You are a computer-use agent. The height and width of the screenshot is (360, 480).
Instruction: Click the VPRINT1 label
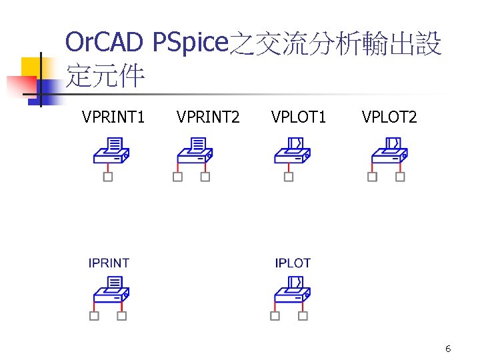coord(113,118)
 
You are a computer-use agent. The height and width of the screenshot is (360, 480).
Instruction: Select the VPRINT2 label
coord(209,118)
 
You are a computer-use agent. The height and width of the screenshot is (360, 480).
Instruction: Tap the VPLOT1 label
coord(299,118)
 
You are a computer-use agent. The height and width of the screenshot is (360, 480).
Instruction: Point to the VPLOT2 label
coord(389,118)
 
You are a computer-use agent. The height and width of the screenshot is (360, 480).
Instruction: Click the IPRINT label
coord(109,263)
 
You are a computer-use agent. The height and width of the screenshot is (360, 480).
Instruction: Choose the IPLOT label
coord(293,263)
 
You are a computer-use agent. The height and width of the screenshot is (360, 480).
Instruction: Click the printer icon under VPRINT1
coord(111,151)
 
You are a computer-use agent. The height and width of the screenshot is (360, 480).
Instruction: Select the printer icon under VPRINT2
coord(194,151)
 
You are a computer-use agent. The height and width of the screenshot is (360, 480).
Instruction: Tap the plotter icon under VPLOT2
coord(389,151)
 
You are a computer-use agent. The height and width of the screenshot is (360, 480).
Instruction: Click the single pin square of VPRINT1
coord(108,177)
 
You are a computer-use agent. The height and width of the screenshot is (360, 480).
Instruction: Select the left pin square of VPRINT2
coord(177,177)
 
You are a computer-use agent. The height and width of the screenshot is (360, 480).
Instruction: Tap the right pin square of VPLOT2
coord(400,177)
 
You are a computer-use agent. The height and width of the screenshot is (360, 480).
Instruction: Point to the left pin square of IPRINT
coord(94,316)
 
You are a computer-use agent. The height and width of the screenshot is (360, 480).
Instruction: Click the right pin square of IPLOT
coord(303,316)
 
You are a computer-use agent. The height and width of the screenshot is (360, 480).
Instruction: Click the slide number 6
coord(448,349)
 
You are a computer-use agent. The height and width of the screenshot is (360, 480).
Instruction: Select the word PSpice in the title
coord(190,43)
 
